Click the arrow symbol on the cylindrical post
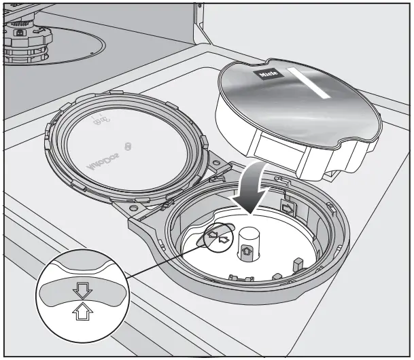[247, 251]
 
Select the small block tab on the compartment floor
[297, 263]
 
